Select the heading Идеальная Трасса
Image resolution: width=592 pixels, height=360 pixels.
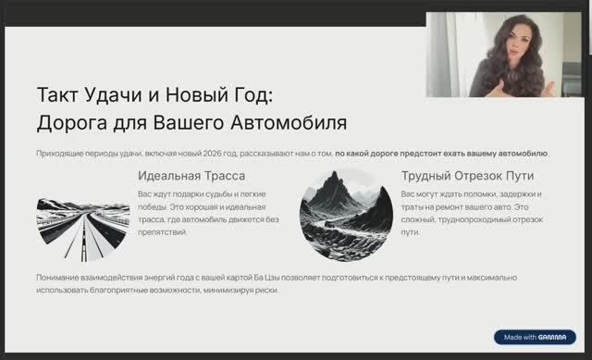[191, 175]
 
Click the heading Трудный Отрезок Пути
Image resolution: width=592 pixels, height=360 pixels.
[467, 175]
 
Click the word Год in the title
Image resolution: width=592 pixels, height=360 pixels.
[251, 94]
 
